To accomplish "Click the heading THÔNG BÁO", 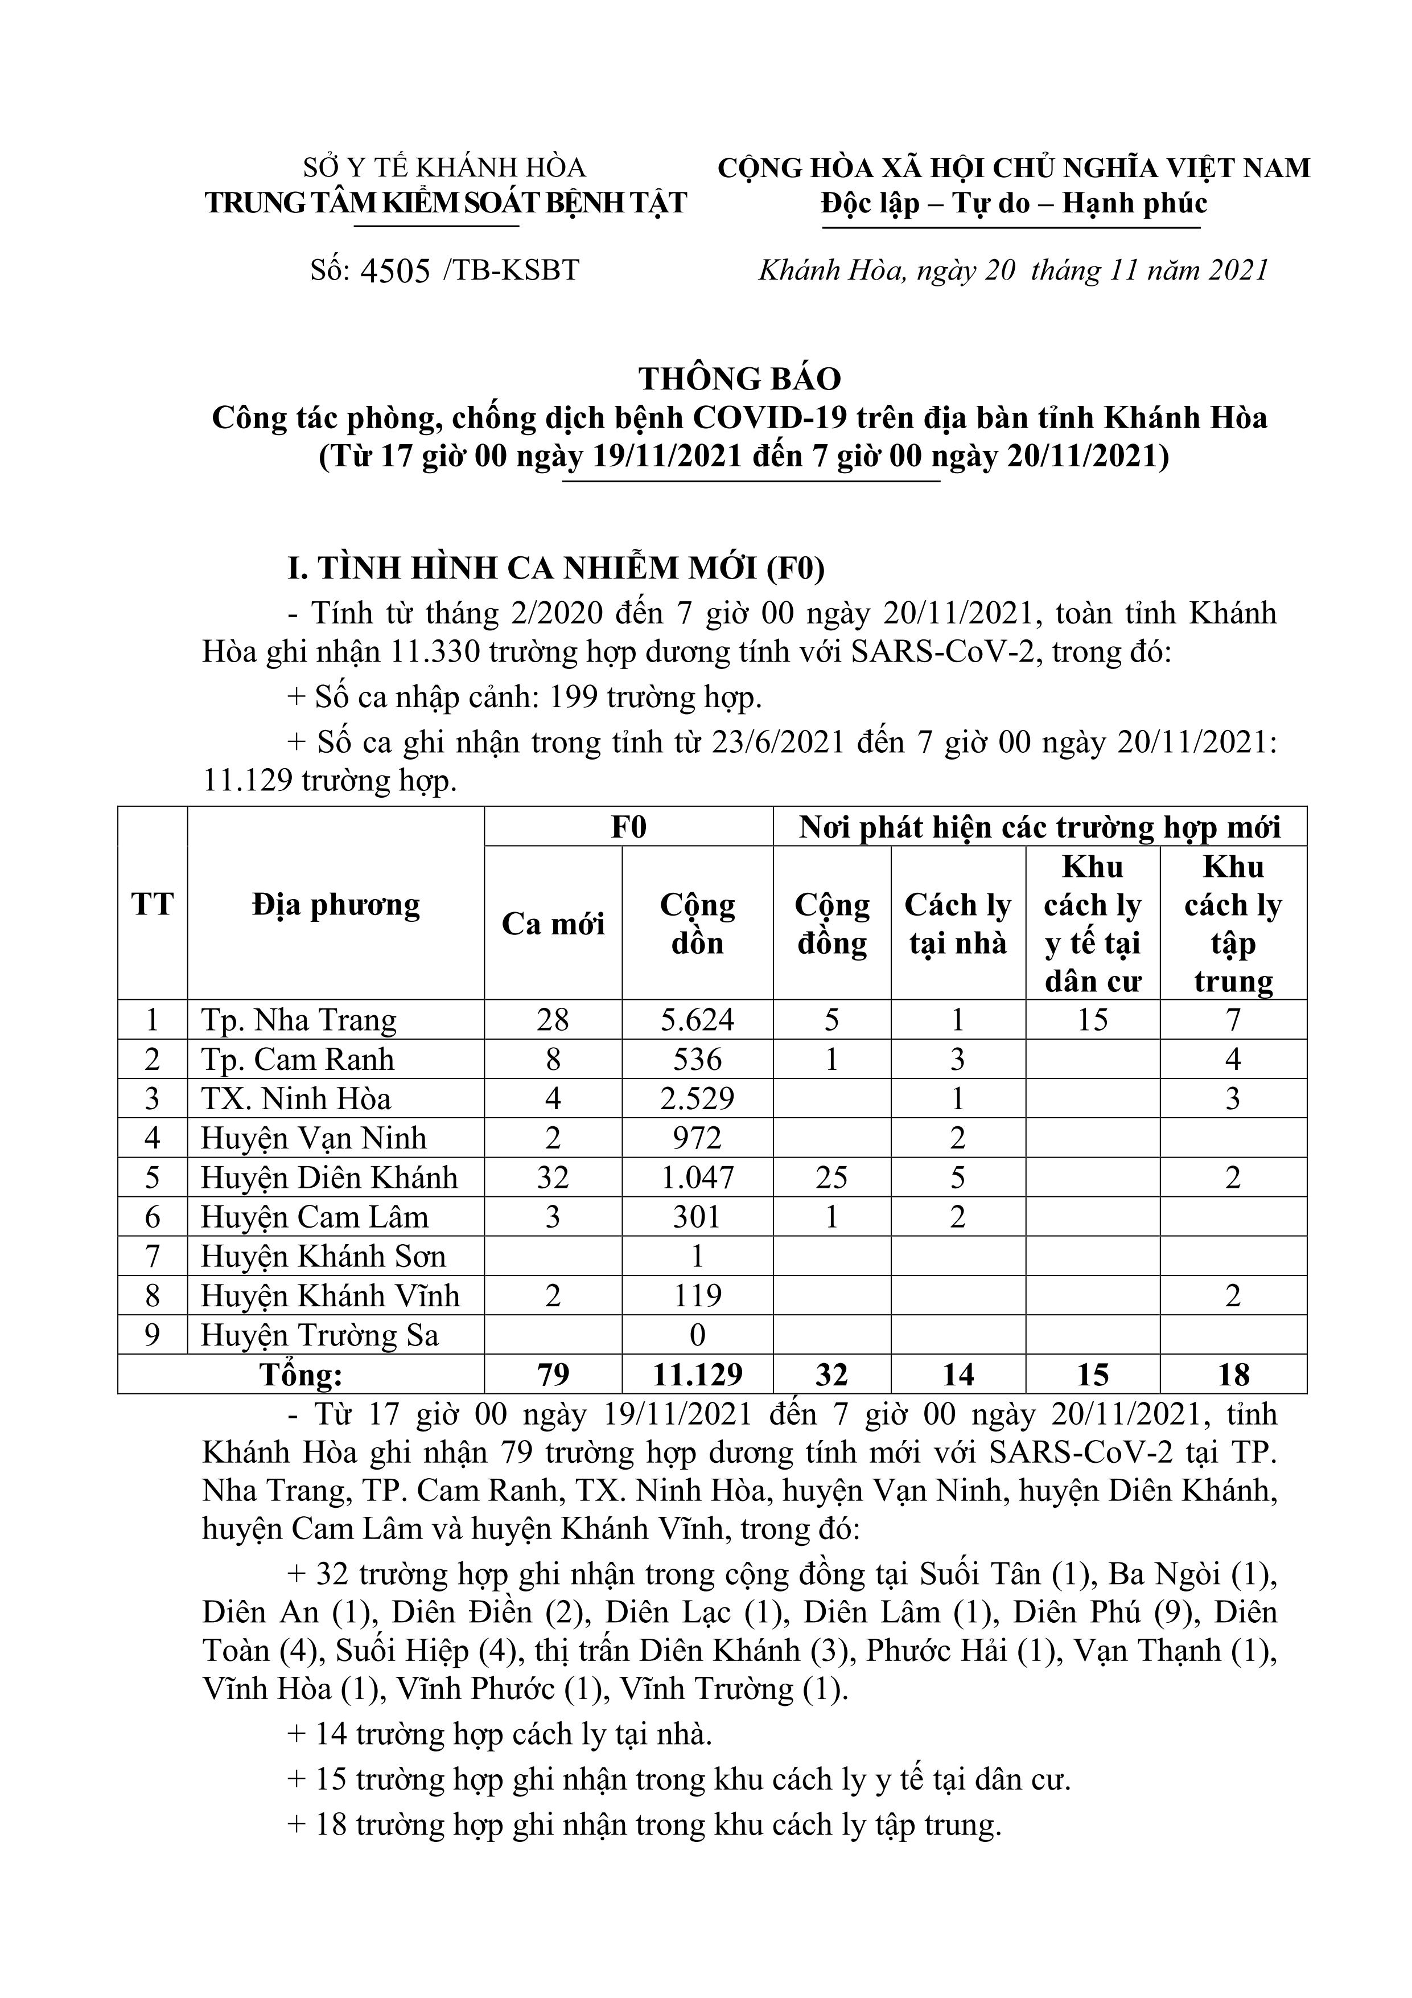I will (740, 379).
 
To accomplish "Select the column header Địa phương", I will (336, 905).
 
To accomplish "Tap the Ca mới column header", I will (553, 924).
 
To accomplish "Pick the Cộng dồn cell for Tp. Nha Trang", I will (698, 1020).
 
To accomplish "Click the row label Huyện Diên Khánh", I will (329, 1178).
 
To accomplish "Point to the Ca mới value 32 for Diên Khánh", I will (553, 1178).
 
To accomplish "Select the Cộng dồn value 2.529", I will (698, 1098).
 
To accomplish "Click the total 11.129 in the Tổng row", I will (698, 1375).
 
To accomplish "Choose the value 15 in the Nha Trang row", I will (1093, 1020).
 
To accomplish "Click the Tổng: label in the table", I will (301, 1375).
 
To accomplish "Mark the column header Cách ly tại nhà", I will (958, 924).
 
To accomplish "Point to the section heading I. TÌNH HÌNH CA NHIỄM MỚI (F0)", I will (557, 568).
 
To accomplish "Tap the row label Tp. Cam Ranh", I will (298, 1059).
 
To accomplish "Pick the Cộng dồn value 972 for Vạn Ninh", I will (698, 1138).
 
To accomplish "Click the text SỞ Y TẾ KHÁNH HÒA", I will (444, 167).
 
